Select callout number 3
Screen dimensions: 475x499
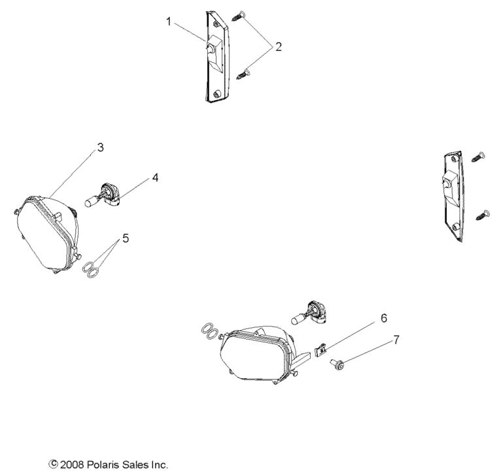pos(100,147)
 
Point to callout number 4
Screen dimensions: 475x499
pos(155,177)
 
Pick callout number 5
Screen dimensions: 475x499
pos(126,238)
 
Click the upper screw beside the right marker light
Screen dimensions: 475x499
pos(480,155)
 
